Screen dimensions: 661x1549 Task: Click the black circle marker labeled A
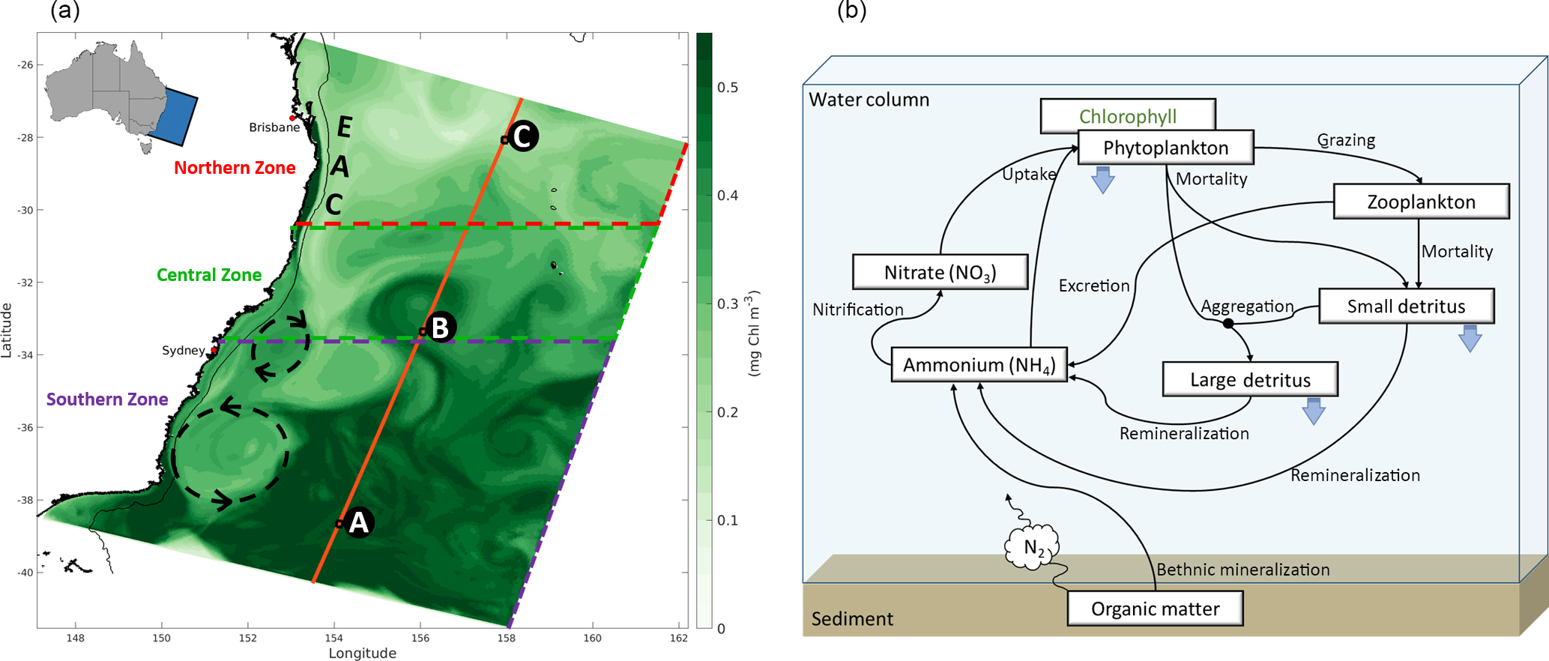point(359,522)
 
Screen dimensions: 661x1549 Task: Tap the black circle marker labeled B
point(440,328)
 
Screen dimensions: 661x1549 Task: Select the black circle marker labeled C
point(522,136)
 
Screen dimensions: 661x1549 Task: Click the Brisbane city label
point(274,127)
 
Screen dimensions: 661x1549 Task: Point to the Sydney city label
point(184,350)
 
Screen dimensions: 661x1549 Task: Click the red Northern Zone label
point(235,168)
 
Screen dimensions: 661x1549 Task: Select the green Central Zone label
point(209,275)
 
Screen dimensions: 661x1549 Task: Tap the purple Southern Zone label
point(107,399)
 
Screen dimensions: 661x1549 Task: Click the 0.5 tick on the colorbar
point(727,88)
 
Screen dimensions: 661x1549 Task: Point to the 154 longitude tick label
point(334,639)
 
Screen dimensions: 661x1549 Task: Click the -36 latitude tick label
point(25,428)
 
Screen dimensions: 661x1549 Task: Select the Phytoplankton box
point(1165,148)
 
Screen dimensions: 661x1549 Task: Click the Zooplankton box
point(1421,202)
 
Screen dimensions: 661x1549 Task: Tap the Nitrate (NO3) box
point(940,272)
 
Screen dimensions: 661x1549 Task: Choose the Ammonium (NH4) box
point(979,365)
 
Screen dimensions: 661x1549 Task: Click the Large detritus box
point(1250,379)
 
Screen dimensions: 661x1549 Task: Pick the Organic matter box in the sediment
point(1155,609)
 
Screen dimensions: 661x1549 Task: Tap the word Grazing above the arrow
point(1346,140)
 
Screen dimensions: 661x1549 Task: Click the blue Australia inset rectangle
point(174,116)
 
